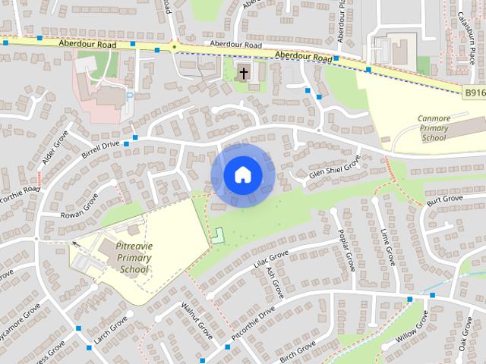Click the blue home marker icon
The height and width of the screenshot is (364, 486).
(242, 175)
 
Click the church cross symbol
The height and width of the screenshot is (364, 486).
(243, 74)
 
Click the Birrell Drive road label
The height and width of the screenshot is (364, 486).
(101, 149)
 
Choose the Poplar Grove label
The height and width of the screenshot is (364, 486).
(347, 249)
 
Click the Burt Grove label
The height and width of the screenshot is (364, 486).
(444, 199)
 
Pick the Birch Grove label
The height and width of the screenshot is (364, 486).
(297, 350)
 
